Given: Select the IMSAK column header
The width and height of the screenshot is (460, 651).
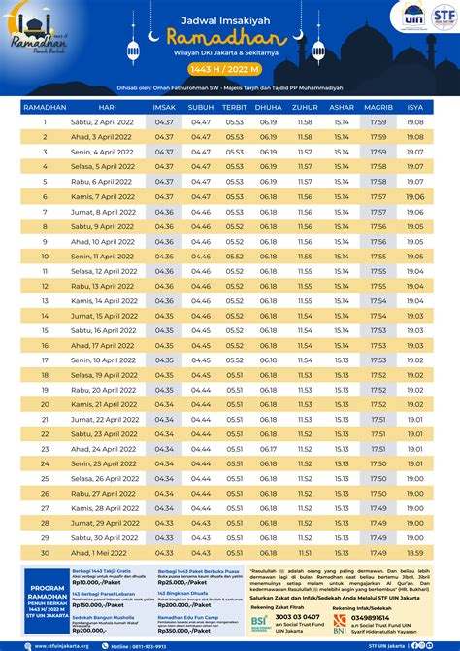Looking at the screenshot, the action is [x=164, y=107].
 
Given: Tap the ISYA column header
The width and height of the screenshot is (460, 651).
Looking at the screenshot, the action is [x=414, y=107].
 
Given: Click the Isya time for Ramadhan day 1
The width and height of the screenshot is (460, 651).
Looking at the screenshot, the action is [x=414, y=122].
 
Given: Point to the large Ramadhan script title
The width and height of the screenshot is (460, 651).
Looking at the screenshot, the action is [x=230, y=34].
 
